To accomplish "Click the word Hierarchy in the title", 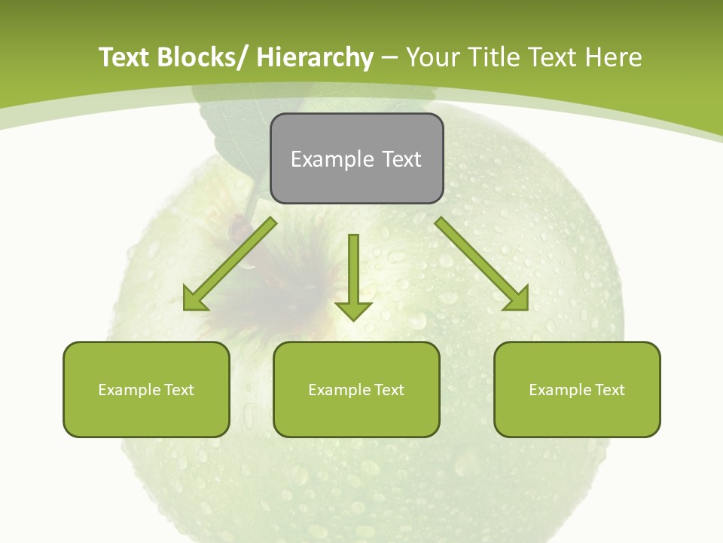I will point(315,57).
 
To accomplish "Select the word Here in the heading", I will point(615,57).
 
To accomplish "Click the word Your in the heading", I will point(432,57).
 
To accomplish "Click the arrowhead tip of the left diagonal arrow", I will point(185,308).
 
